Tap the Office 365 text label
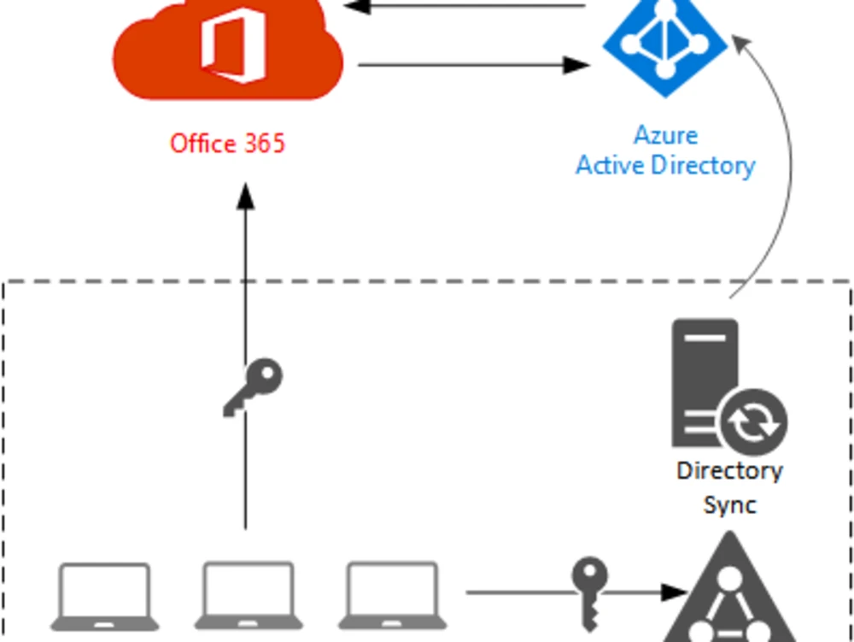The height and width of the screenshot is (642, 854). pyautogui.click(x=227, y=143)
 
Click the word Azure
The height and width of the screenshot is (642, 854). pyautogui.click(x=665, y=135)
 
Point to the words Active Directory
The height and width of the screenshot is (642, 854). pyautogui.click(x=665, y=165)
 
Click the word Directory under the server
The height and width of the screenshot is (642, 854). pyautogui.click(x=729, y=471)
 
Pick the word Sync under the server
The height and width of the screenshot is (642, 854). pyautogui.click(x=729, y=504)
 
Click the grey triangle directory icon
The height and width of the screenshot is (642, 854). pyautogui.click(x=728, y=594)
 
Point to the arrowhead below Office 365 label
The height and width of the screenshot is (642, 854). pyautogui.click(x=246, y=196)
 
